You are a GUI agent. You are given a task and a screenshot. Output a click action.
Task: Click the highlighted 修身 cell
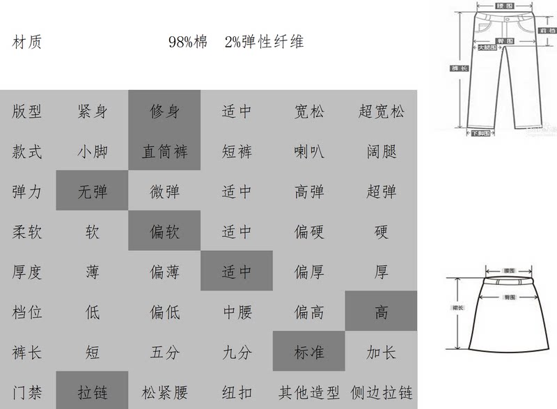pos(164,111)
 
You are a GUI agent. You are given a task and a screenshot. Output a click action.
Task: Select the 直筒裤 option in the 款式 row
pos(164,151)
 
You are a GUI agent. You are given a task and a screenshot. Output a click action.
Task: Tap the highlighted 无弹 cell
pos(92,192)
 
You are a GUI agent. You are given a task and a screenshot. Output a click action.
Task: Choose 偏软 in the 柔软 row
pos(164,231)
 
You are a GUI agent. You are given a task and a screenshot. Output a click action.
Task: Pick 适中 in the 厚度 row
pos(237,272)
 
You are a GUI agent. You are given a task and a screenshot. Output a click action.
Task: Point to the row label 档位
pos(27,312)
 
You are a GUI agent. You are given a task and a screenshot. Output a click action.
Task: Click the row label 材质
pos(27,43)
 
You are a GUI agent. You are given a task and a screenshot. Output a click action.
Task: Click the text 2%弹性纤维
pos(264,43)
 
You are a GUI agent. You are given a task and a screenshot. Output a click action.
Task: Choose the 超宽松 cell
pos(381,111)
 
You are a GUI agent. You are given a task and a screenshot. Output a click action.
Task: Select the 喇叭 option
pos(308,151)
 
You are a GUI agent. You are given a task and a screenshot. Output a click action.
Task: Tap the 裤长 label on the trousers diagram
pos(460,69)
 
